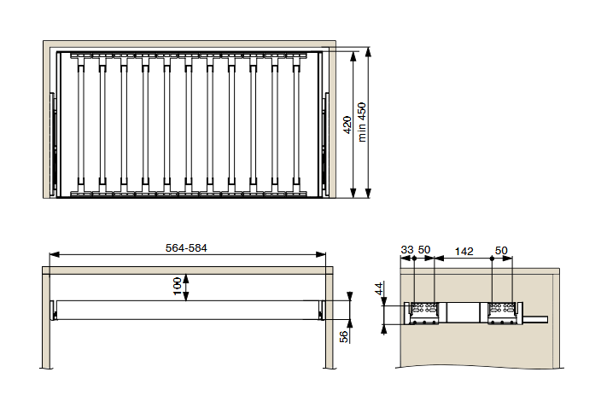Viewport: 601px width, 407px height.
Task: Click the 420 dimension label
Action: (x=347, y=125)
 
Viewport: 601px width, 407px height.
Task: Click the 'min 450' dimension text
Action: (x=362, y=122)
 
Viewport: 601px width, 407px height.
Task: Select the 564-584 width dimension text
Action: (x=186, y=248)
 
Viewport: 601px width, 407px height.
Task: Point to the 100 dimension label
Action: (x=177, y=287)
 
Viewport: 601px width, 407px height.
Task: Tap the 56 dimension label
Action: (x=344, y=336)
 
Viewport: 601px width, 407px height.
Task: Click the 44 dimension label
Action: (x=379, y=288)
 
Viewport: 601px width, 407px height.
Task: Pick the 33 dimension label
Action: (x=407, y=250)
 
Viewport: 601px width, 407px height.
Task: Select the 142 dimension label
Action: (x=464, y=252)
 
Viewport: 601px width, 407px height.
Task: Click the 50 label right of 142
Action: (x=501, y=251)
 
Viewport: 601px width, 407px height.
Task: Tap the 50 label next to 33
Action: (x=424, y=250)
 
